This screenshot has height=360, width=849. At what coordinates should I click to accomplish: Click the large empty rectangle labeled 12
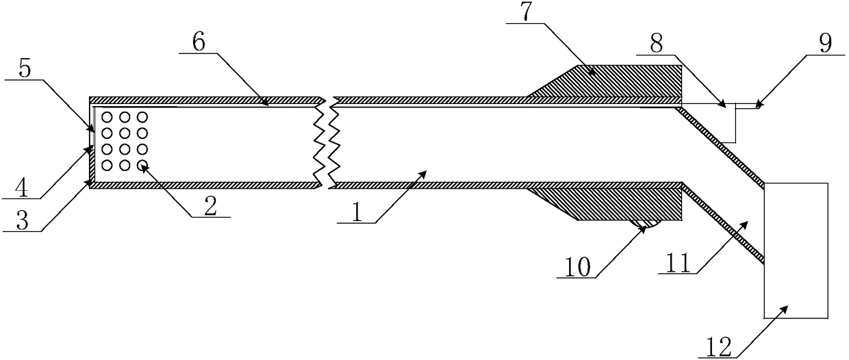795,250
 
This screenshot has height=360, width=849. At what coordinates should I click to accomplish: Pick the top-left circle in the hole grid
107,117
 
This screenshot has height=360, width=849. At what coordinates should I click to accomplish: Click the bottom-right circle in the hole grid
142,165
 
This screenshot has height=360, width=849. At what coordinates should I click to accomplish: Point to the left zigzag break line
318,141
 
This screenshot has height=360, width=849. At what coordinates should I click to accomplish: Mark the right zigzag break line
333,141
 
